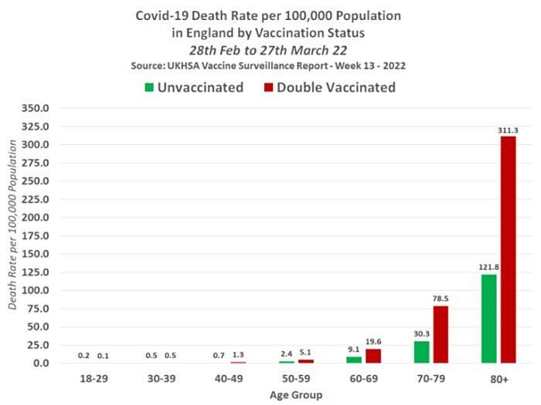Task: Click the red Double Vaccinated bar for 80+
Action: pyautogui.click(x=508, y=250)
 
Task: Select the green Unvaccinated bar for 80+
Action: pyautogui.click(x=489, y=319)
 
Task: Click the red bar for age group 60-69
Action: pyautogui.click(x=373, y=356)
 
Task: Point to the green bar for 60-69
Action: pyautogui.click(x=354, y=359)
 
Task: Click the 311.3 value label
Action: pyautogui.click(x=508, y=130)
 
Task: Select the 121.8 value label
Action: pyautogui.click(x=488, y=268)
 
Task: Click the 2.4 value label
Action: pyautogui.click(x=287, y=356)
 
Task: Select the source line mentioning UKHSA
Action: pyautogui.click(x=270, y=66)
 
